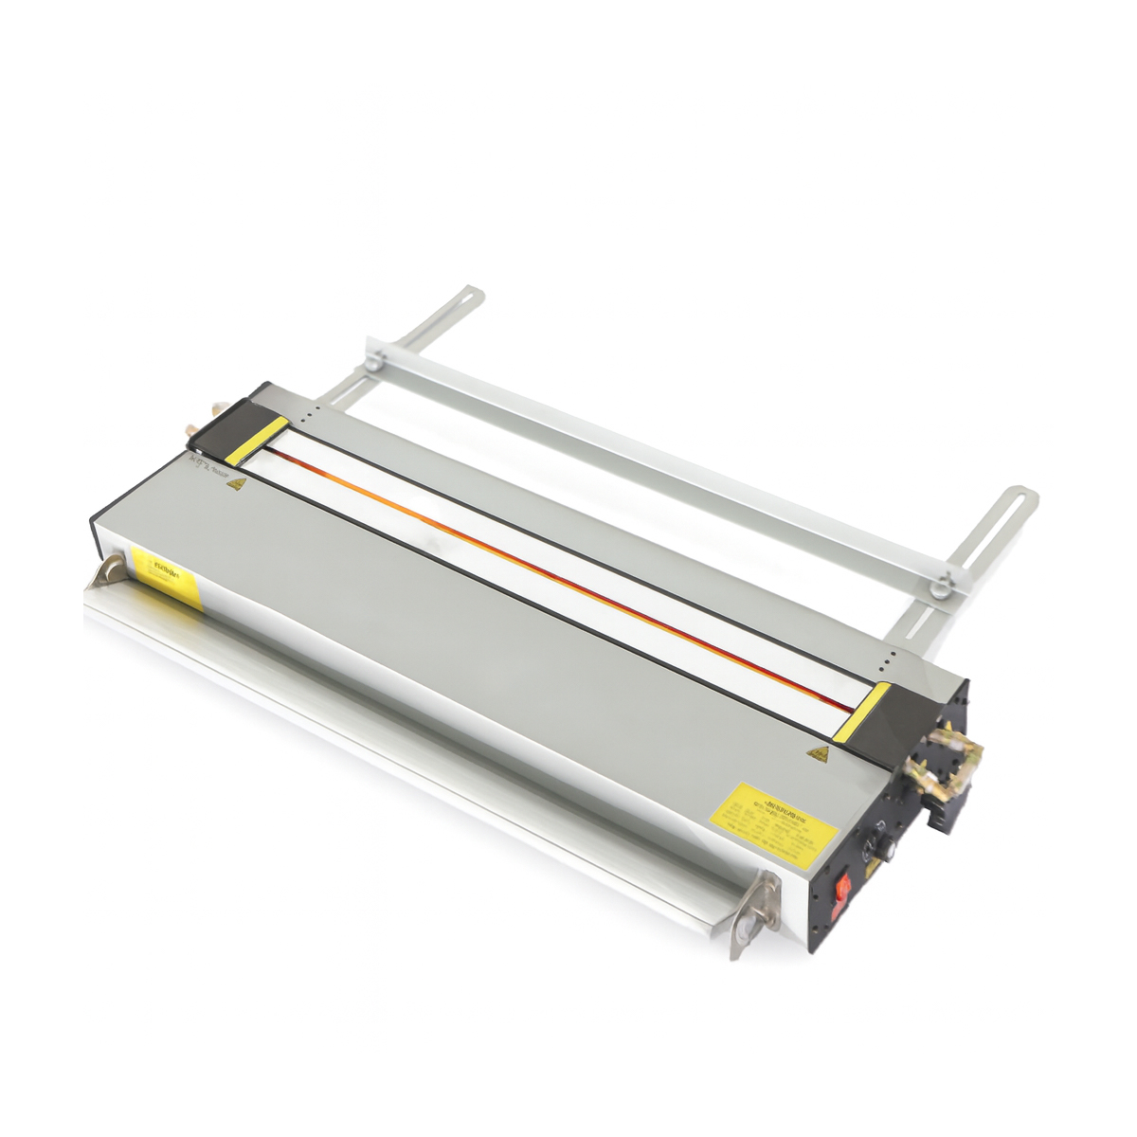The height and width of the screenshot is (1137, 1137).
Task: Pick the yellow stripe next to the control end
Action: pos(865,711)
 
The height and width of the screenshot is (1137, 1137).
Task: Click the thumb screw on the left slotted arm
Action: pos(375,361)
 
